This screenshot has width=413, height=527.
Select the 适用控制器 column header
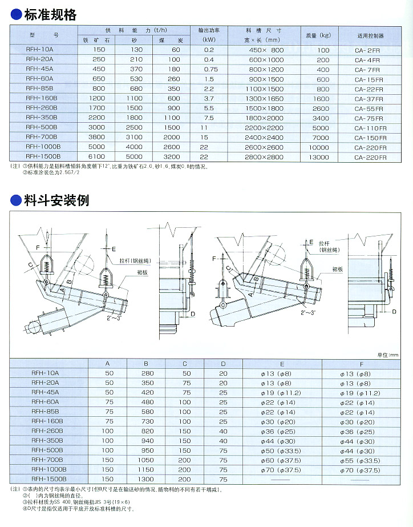370,35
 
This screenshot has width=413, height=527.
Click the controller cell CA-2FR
370,50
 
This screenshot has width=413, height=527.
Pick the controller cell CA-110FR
370,128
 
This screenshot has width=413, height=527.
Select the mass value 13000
323,157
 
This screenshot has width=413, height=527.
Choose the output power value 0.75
209,70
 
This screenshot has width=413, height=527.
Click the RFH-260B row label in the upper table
42,108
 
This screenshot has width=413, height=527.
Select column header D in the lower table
223,363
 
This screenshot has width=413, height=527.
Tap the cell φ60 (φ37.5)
282,460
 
